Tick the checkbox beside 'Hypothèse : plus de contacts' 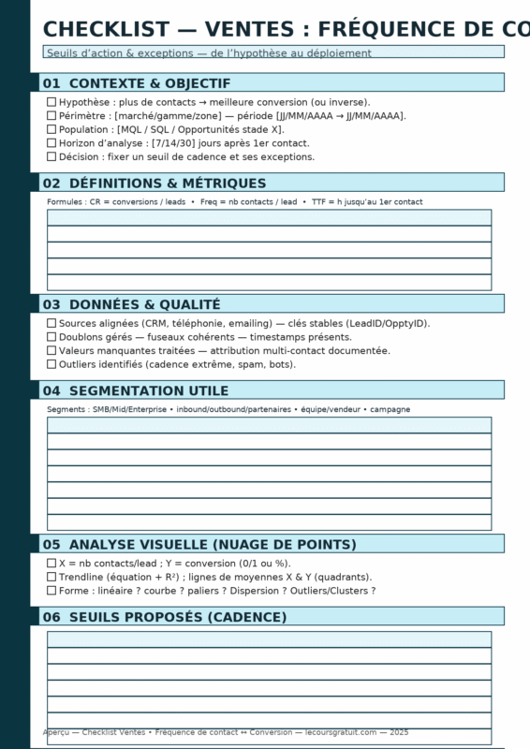52,101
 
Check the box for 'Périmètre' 52,115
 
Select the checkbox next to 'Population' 52,129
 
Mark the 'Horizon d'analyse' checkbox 52,143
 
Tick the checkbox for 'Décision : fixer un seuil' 52,156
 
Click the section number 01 52,83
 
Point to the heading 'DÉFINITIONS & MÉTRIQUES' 168,184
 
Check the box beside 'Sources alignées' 52,323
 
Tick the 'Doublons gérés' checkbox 52,336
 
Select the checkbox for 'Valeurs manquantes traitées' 52,350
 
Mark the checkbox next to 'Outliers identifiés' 52,364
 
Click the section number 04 52,390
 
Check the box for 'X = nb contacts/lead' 52,564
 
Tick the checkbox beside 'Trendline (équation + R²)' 52,577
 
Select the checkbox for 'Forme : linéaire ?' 52,591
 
